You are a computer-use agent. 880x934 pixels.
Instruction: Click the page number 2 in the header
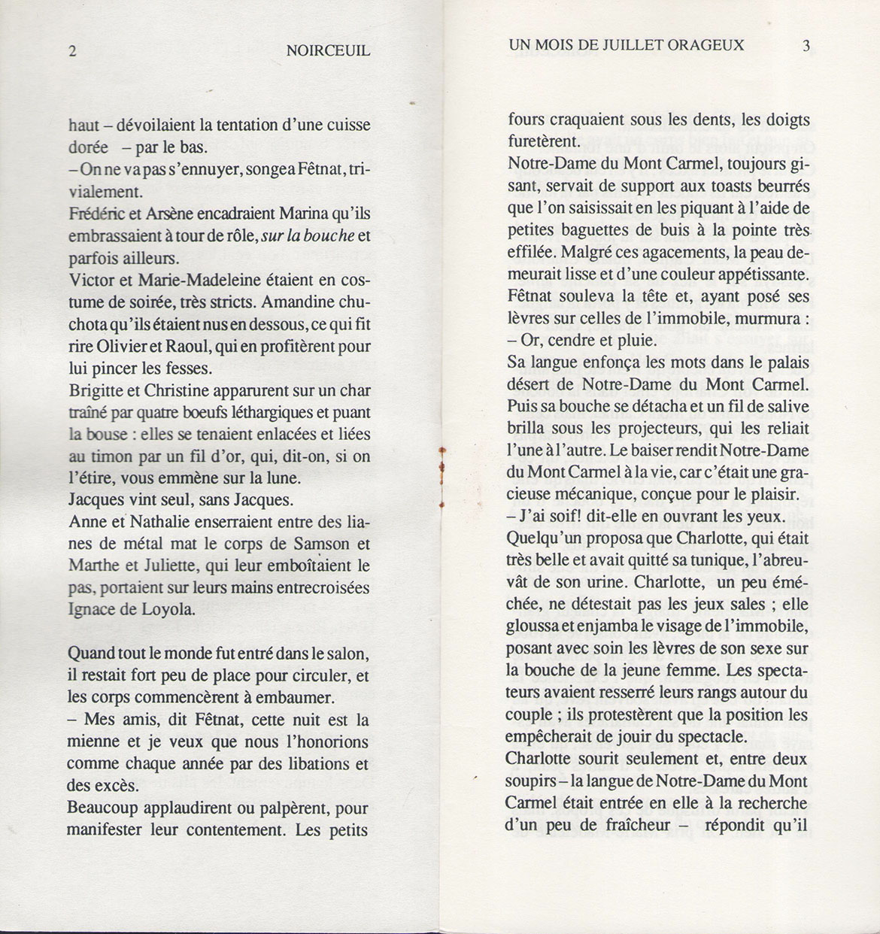72,51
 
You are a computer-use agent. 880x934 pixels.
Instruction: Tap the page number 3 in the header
806,45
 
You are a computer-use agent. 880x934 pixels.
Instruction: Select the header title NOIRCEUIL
328,51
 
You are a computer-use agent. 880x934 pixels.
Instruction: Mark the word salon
349,653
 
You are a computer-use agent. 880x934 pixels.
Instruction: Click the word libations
312,764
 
